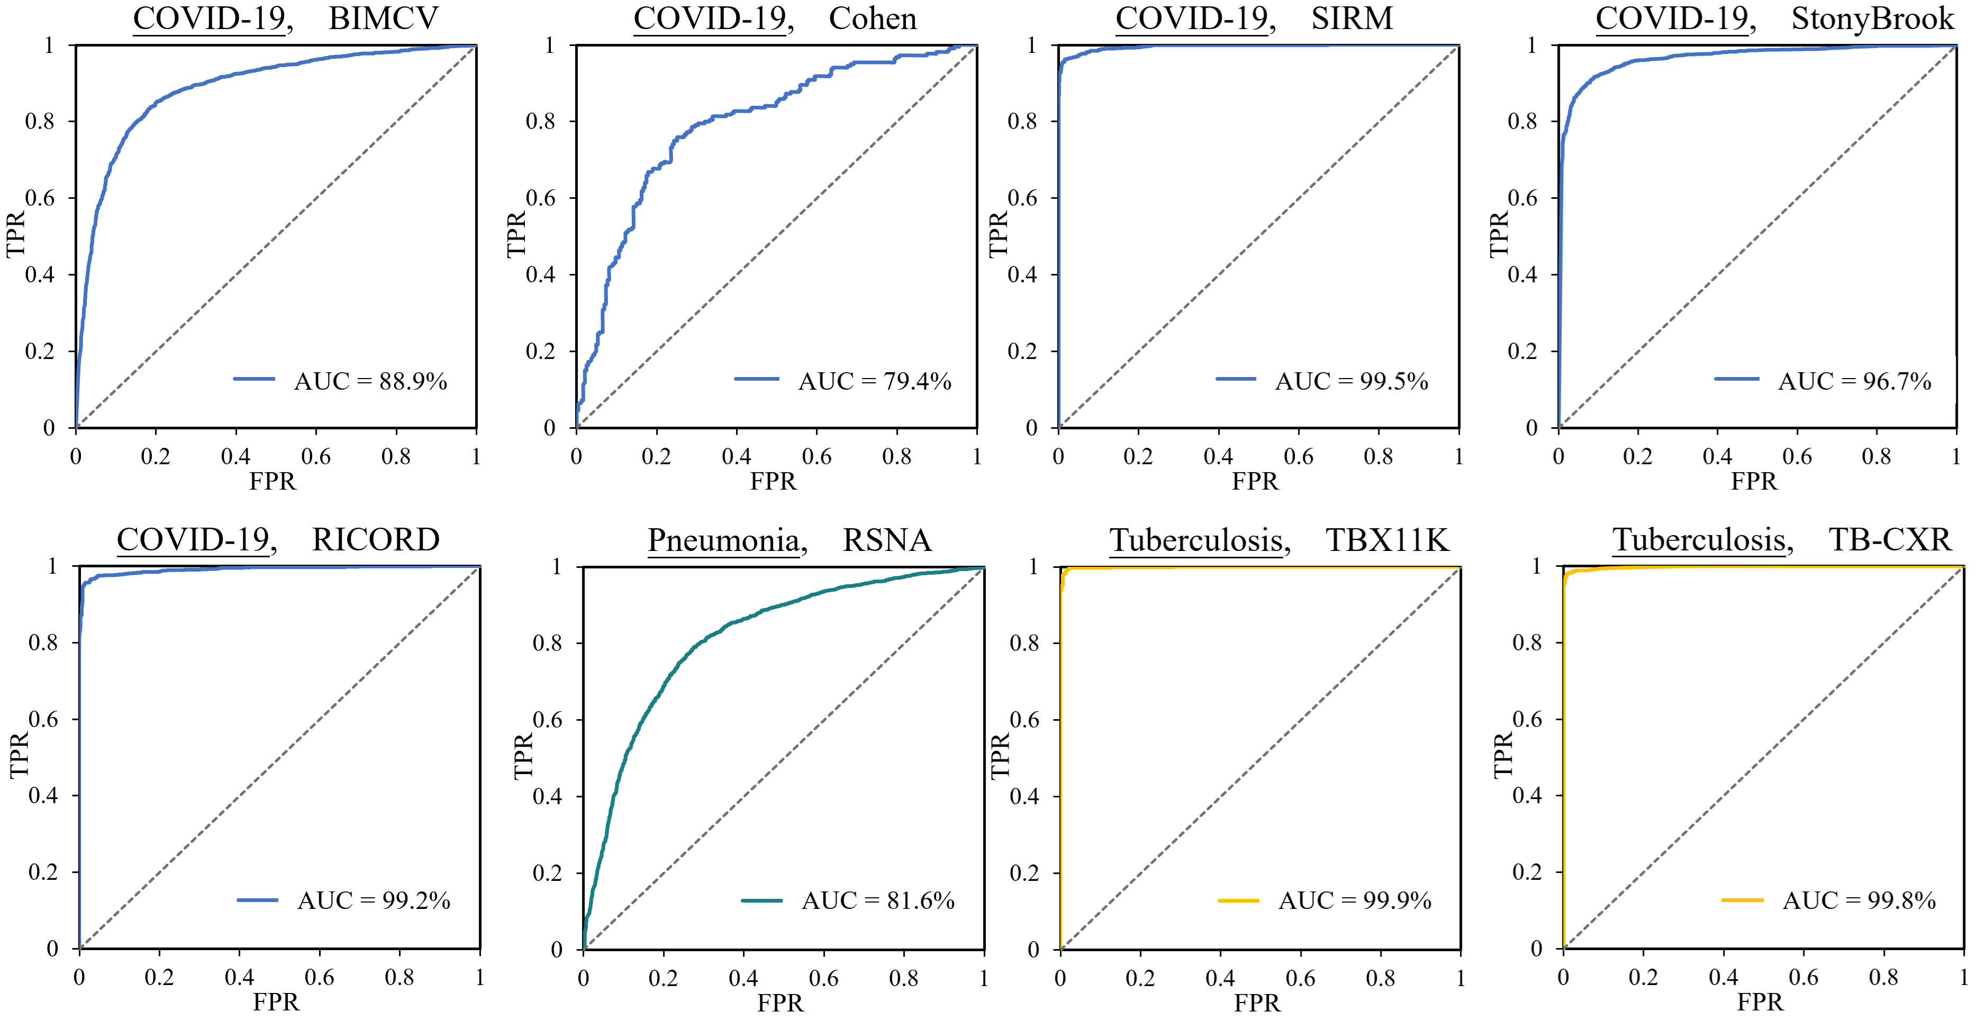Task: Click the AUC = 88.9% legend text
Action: [x=370, y=381]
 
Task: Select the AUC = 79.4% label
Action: [x=874, y=381]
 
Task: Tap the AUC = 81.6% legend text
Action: [x=878, y=900]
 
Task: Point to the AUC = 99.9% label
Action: [x=1355, y=900]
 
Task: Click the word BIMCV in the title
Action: [x=383, y=19]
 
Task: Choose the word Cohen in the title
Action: [x=873, y=19]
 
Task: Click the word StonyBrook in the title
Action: [x=1873, y=19]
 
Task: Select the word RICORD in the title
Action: [x=375, y=540]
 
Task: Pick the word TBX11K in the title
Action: [x=1387, y=540]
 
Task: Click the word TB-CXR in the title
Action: [x=1890, y=540]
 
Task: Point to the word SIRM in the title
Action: [x=1351, y=19]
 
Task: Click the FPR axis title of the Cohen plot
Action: [x=773, y=481]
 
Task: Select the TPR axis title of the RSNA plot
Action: [x=523, y=756]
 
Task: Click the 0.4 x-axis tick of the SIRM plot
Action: [x=1218, y=456]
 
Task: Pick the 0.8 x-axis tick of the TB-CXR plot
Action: [x=1883, y=977]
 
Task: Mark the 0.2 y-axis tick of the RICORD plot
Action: [x=43, y=872]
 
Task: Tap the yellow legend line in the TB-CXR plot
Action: [x=1742, y=899]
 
